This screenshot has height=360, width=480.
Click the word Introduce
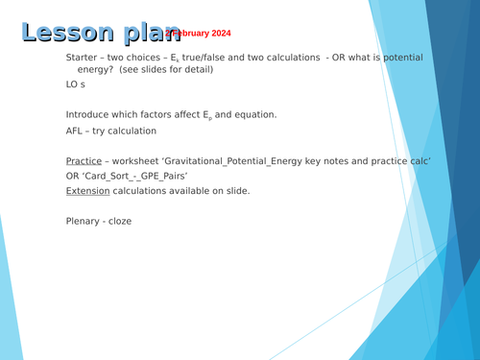(93, 114)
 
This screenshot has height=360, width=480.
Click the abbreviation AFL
(77, 131)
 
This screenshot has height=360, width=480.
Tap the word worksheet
(143, 160)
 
